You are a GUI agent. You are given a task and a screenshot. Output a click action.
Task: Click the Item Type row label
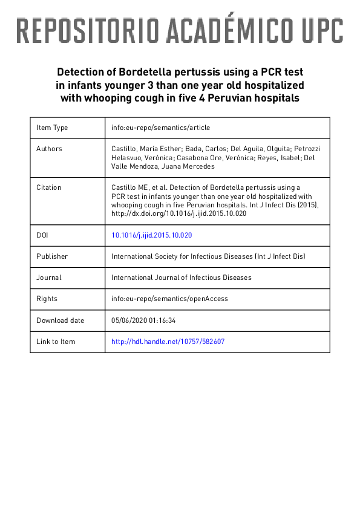click(x=52, y=128)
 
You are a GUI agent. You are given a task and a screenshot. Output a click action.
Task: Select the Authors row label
click(x=49, y=149)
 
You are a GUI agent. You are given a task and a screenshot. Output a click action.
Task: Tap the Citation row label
click(x=49, y=187)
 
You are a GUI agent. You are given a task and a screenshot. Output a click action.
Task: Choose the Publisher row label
click(x=52, y=256)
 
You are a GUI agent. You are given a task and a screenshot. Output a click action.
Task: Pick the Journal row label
click(x=48, y=277)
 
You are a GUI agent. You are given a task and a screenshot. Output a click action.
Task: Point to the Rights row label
click(x=47, y=299)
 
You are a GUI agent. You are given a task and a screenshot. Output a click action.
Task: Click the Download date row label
click(x=60, y=320)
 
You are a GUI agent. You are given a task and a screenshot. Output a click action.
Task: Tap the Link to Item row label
click(x=56, y=342)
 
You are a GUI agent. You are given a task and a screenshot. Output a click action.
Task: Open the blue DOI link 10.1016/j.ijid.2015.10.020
click(x=152, y=235)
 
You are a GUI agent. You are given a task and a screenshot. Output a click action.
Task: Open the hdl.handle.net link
click(x=168, y=342)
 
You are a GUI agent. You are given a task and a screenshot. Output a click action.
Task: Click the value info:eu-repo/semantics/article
click(x=160, y=128)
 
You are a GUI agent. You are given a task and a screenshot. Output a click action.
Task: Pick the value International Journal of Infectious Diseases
click(x=182, y=277)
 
